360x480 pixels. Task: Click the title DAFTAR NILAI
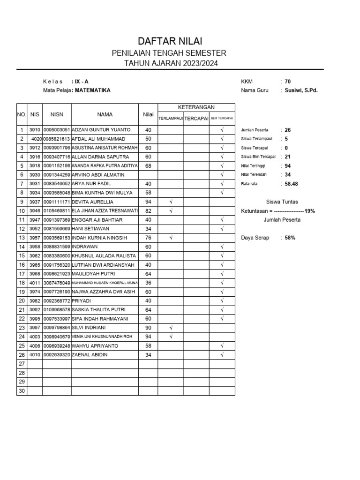(x=170, y=42)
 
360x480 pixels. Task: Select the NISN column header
(x=57, y=114)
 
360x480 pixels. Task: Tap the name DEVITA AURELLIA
(x=92, y=202)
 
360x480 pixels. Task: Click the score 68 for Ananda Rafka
(x=148, y=166)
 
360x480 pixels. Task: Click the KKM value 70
(x=288, y=82)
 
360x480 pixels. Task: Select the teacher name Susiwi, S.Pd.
(x=301, y=90)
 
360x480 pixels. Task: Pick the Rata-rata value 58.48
(x=291, y=184)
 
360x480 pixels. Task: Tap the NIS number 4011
(x=35, y=283)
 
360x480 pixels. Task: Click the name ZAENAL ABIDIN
(x=90, y=355)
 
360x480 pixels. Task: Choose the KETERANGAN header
(x=196, y=107)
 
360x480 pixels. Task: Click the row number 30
(x=21, y=391)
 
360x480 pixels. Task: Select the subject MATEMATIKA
(x=93, y=90)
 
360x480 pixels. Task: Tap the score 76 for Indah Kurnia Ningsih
(x=148, y=238)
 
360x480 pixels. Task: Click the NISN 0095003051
(x=57, y=130)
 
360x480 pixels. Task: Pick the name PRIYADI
(x=81, y=301)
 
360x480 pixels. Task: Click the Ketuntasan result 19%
(x=309, y=211)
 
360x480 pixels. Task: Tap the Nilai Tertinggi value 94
(x=288, y=166)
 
